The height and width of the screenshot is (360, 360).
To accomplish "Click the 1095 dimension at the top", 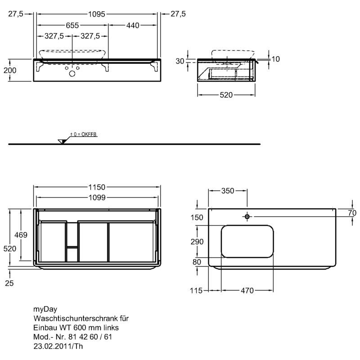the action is (x=97, y=14).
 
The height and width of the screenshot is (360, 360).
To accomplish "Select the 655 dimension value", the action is (x=72, y=25).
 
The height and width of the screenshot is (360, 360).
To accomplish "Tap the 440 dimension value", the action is (x=133, y=25).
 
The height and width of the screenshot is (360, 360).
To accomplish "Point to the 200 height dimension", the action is (x=10, y=70).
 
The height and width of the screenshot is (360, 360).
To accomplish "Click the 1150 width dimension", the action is (x=97, y=187).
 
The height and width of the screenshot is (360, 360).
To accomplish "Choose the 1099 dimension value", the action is (x=97, y=198).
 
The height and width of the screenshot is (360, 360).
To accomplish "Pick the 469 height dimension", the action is (x=21, y=235).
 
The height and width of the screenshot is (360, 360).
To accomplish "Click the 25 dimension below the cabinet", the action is (x=9, y=283).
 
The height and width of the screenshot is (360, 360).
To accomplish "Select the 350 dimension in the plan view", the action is (x=228, y=191).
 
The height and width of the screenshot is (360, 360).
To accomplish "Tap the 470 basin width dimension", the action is (x=247, y=291).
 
